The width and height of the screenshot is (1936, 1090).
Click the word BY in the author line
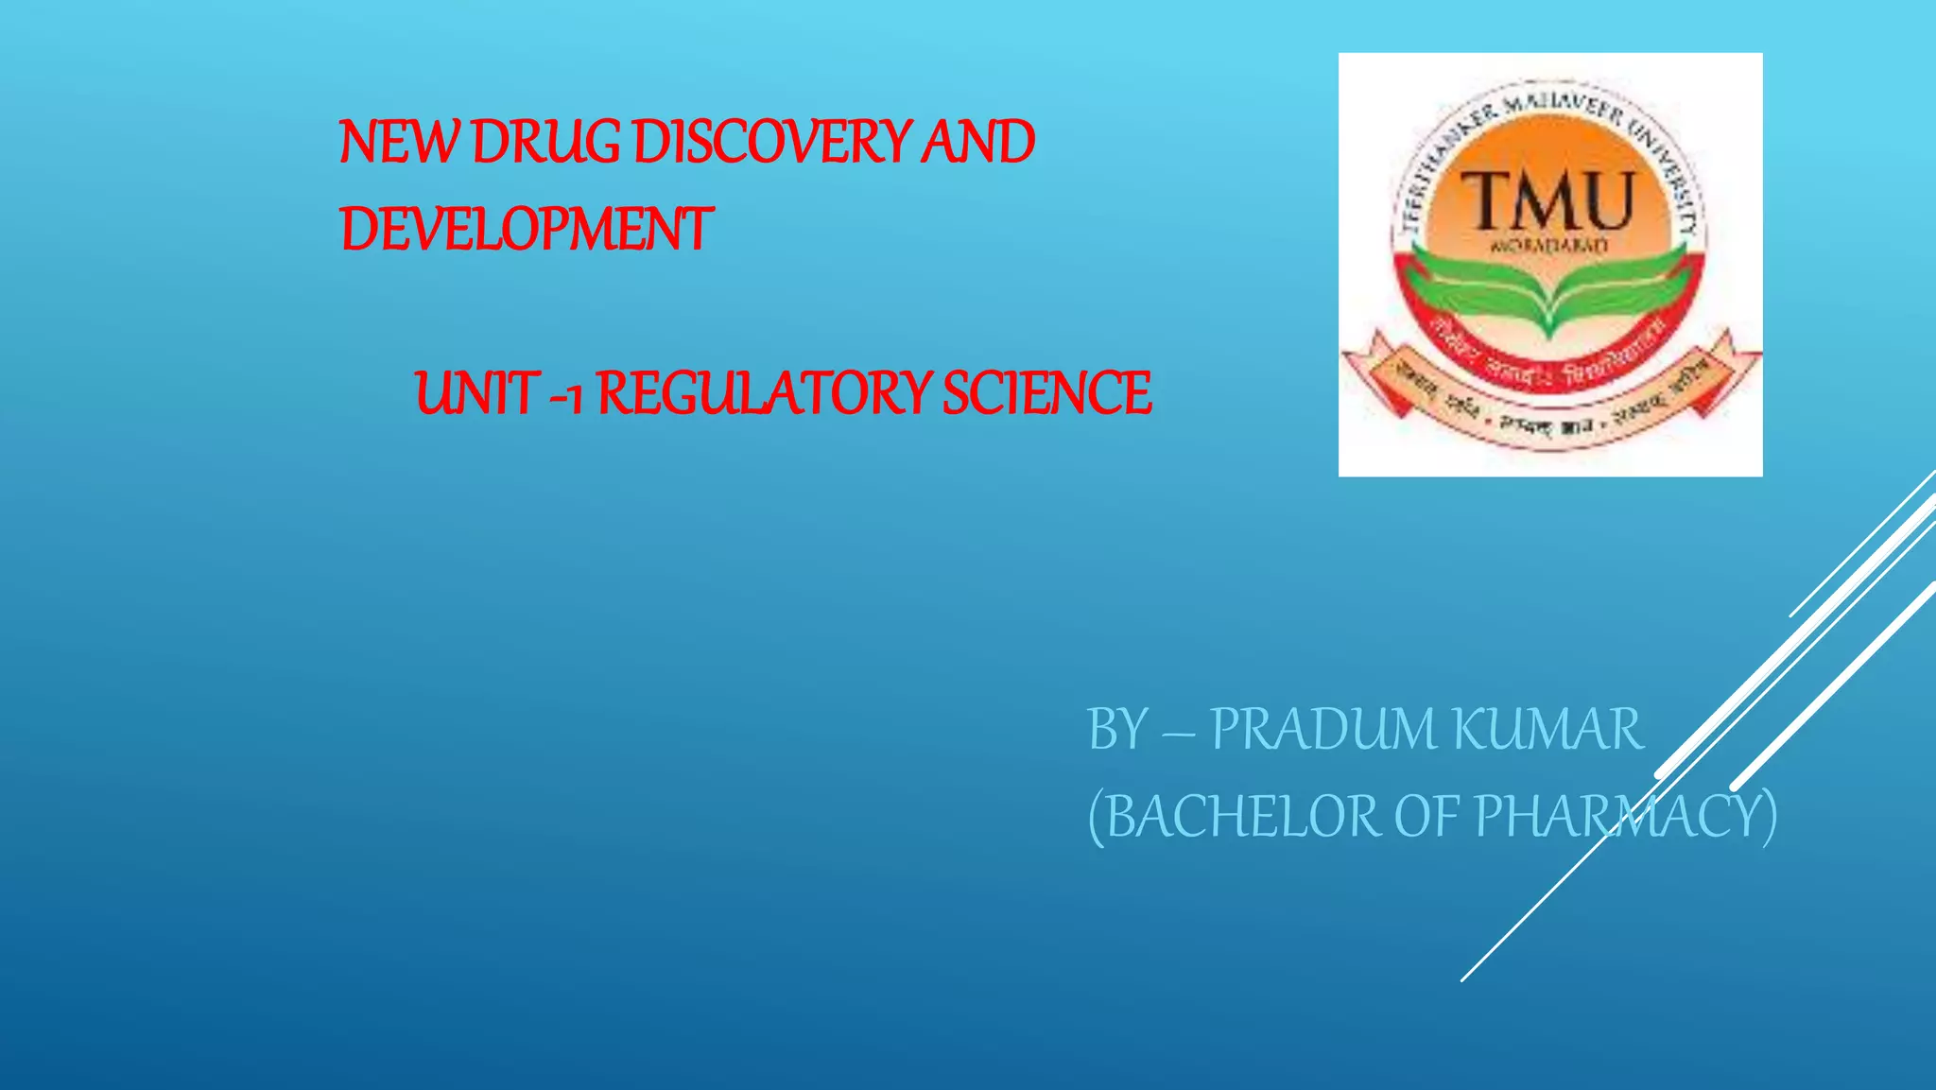[1118, 729]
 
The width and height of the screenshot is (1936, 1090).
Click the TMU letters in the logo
[1548, 200]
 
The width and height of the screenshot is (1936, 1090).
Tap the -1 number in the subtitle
[565, 395]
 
